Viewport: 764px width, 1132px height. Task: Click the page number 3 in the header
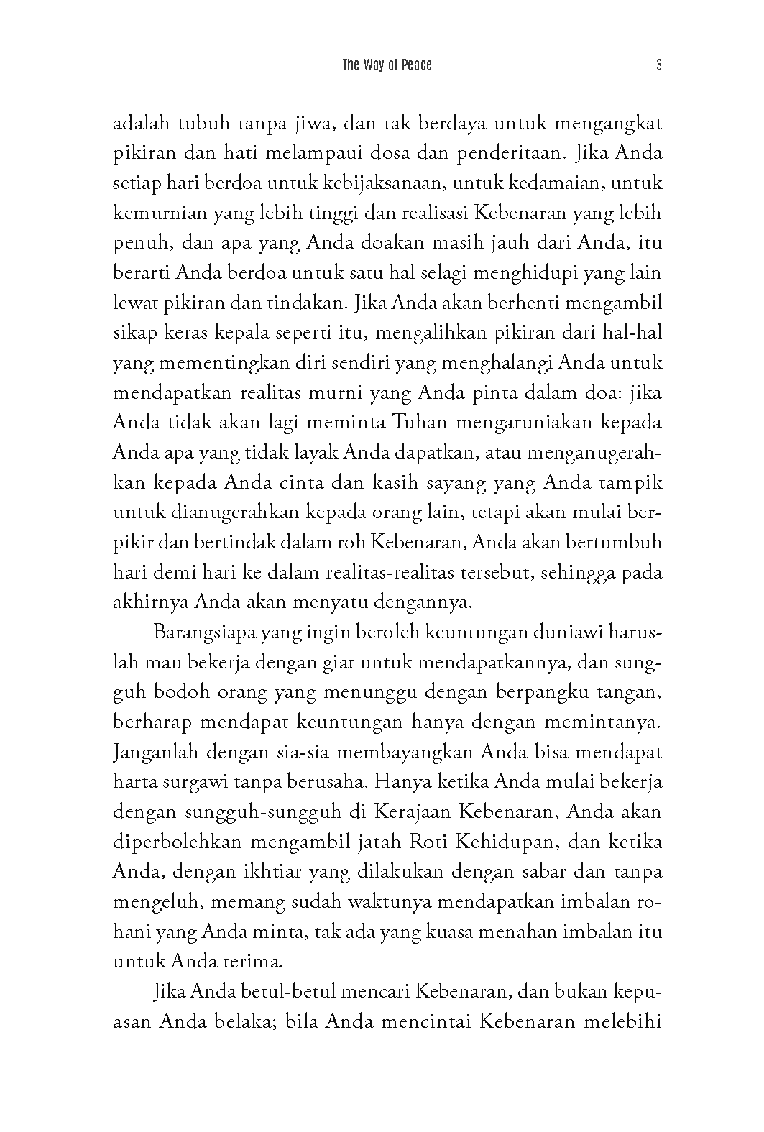(x=658, y=65)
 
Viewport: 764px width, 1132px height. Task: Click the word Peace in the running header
(x=417, y=65)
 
